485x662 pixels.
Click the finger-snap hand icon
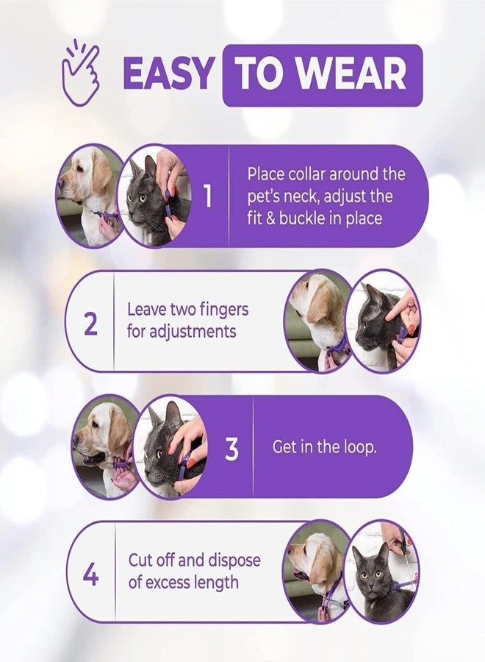click(x=81, y=72)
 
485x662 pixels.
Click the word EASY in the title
click(x=168, y=74)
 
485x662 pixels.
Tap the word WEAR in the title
click(x=353, y=74)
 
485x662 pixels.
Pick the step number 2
click(x=90, y=323)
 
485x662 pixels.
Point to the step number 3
click(x=231, y=448)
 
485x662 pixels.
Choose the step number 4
click(x=90, y=574)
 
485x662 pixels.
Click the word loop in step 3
click(x=358, y=447)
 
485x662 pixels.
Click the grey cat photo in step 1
click(x=155, y=196)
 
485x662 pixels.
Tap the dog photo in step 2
click(x=319, y=321)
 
